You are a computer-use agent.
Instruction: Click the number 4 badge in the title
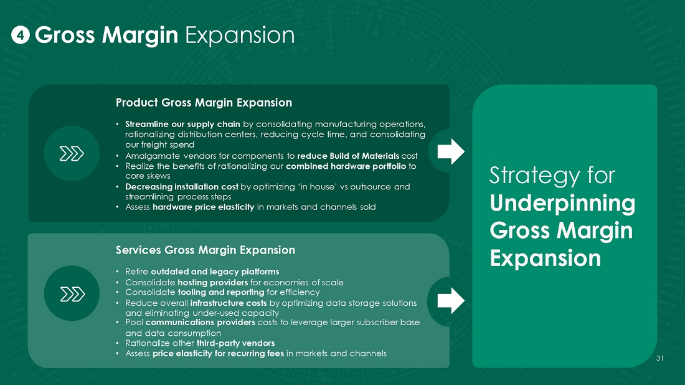[x=20, y=35]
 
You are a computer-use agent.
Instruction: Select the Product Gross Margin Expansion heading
[x=204, y=103]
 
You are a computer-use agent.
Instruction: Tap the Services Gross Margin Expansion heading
[x=205, y=250]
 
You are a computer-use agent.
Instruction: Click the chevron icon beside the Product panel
[x=72, y=154]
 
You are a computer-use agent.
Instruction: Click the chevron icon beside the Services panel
[x=72, y=294]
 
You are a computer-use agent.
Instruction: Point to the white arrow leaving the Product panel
[x=451, y=151]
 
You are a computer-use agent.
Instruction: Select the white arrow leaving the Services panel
[x=451, y=301]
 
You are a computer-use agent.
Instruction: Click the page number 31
[x=659, y=358]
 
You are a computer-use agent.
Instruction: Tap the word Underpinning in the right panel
[x=562, y=204]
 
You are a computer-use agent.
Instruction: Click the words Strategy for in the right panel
[x=552, y=175]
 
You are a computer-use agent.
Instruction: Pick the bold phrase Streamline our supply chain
[x=182, y=124]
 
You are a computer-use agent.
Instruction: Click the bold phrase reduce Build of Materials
[x=348, y=156]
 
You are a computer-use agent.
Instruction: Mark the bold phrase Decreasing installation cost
[x=182, y=187]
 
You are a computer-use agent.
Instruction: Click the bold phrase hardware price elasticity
[x=203, y=207]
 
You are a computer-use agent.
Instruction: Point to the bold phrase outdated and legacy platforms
[x=215, y=272]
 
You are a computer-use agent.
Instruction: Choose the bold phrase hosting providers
[x=213, y=283]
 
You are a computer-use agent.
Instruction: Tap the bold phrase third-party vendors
[x=235, y=343]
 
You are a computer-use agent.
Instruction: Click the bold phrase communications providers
[x=200, y=323]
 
